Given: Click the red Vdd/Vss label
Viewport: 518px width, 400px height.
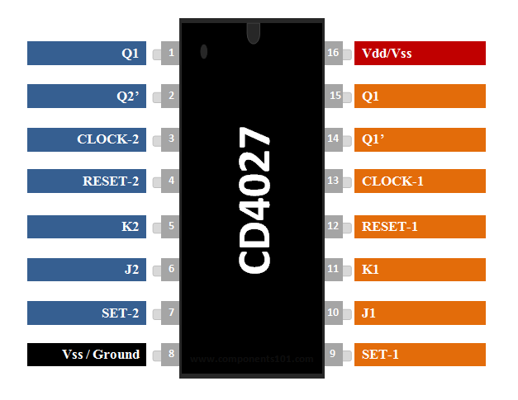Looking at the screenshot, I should click(x=420, y=53).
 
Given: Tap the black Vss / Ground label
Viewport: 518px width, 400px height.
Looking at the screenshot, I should click(x=87, y=355).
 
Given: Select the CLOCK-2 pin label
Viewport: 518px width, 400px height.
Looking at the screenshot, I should click(x=87, y=139).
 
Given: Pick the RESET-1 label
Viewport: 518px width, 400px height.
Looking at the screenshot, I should click(x=420, y=225).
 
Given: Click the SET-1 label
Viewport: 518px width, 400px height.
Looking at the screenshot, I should click(x=420, y=355).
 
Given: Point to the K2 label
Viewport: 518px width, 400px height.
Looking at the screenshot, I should click(x=87, y=226).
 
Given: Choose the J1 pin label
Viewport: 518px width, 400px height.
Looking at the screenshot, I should click(x=420, y=313).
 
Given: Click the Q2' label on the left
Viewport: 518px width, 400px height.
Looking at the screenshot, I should click(x=87, y=96).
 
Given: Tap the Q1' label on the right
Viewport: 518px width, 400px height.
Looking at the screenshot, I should click(x=420, y=139).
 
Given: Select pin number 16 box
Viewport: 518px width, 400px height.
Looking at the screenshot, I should click(x=334, y=53).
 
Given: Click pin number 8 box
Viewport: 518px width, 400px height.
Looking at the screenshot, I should click(x=171, y=355).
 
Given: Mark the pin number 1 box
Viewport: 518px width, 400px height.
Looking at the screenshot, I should click(x=171, y=53).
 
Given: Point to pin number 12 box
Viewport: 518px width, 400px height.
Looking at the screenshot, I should click(x=334, y=225).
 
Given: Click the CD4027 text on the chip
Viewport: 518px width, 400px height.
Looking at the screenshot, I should click(x=254, y=200).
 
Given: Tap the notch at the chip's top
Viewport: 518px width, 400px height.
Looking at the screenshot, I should click(x=253, y=33).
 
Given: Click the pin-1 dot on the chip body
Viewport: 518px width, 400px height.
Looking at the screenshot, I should click(x=204, y=52).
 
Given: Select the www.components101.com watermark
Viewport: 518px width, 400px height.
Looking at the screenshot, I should click(x=252, y=360).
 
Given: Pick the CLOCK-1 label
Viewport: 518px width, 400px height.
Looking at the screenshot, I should click(x=420, y=181).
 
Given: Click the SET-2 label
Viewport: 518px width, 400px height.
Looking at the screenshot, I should click(x=87, y=313).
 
